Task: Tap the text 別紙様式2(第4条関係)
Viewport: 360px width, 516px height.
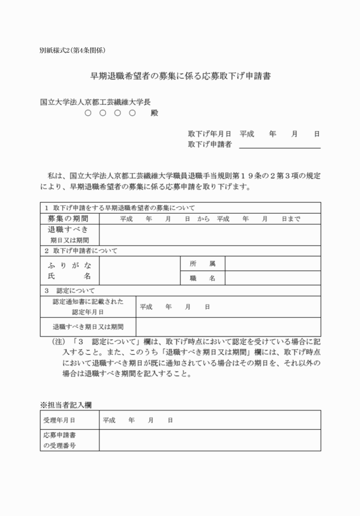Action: click(73, 50)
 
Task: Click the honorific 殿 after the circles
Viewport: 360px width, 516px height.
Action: click(154, 113)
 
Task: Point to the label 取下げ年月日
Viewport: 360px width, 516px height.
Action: click(209, 134)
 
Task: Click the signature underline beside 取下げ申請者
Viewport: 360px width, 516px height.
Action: click(279, 147)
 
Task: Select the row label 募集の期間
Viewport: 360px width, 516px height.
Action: click(69, 218)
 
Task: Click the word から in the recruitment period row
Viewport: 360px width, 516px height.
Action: click(203, 219)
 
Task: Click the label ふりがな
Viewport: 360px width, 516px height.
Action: click(69, 265)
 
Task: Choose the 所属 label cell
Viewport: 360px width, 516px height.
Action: click(202, 263)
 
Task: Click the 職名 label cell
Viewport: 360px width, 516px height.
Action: click(202, 278)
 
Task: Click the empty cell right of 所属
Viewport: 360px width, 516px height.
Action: click(272, 263)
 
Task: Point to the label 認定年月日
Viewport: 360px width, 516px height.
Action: click(87, 312)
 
